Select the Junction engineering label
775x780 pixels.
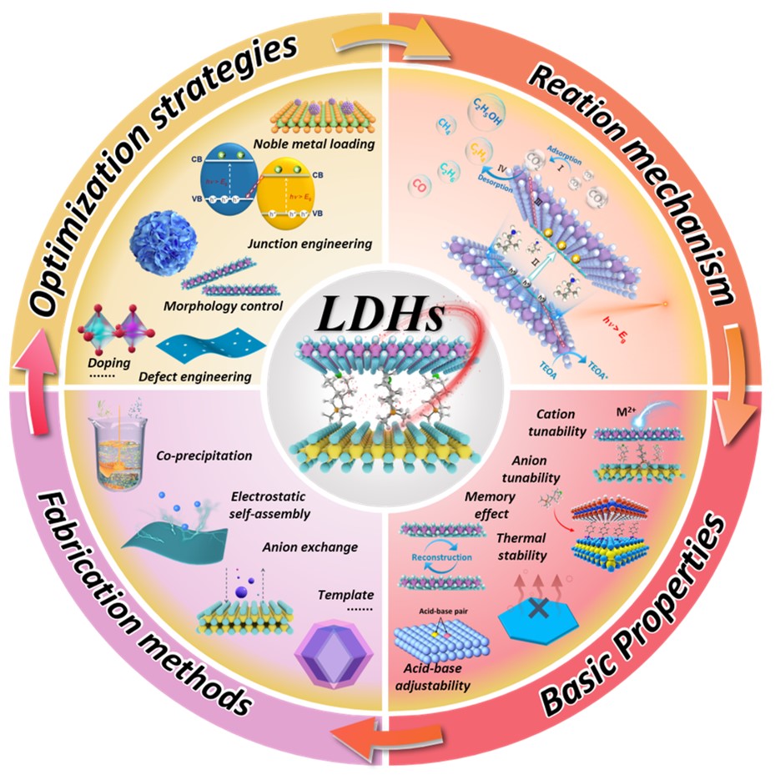point(309,244)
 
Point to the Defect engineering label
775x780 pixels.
point(204,376)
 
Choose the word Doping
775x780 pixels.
point(103,364)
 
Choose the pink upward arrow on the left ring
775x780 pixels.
point(34,392)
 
